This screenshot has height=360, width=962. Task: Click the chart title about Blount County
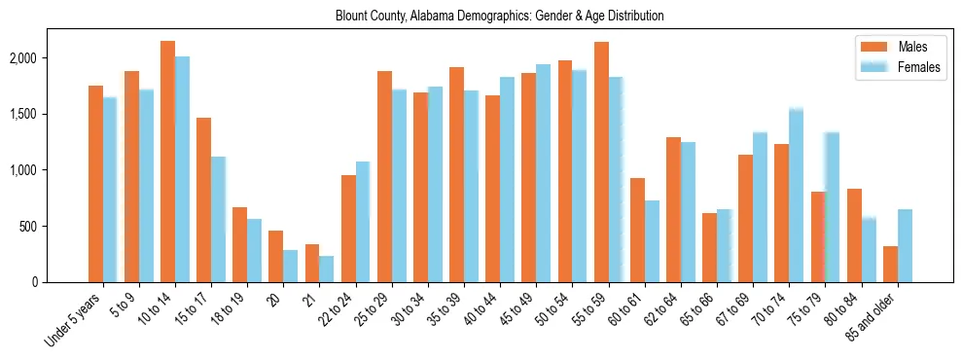[x=499, y=16]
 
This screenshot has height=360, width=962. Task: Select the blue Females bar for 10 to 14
[x=182, y=169]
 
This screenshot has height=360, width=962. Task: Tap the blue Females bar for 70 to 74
[x=796, y=196]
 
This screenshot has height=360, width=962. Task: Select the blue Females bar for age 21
[x=326, y=269]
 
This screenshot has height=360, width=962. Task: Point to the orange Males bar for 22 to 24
[x=348, y=229]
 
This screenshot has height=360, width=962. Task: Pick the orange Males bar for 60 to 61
[x=637, y=230]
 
